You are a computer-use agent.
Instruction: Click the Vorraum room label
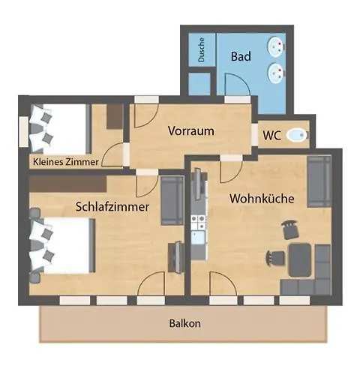(x=190, y=130)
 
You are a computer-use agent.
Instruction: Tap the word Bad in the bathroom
(x=240, y=56)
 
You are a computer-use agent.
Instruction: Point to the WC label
(x=271, y=135)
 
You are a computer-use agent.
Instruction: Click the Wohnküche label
(x=261, y=199)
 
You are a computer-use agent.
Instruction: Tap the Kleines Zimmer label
(x=64, y=160)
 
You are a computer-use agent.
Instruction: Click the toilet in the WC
(x=298, y=136)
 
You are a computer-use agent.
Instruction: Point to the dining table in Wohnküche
(x=301, y=259)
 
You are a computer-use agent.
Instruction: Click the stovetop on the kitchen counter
(x=199, y=222)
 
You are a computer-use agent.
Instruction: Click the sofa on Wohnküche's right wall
(x=319, y=180)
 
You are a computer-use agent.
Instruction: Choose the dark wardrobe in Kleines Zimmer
(x=115, y=117)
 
